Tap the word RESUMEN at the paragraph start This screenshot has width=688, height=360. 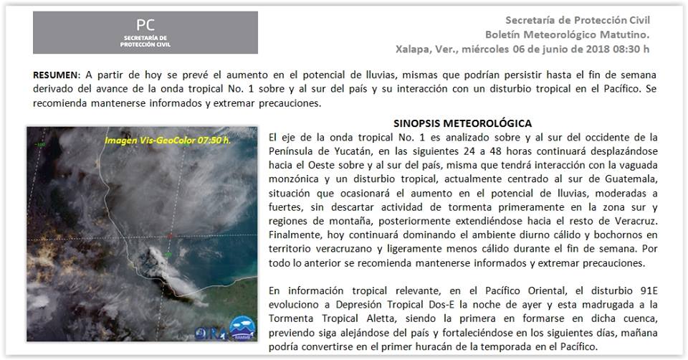[x=55, y=75]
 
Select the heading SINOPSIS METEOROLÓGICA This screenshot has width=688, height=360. [x=462, y=123]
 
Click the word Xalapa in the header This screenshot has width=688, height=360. [x=414, y=49]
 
